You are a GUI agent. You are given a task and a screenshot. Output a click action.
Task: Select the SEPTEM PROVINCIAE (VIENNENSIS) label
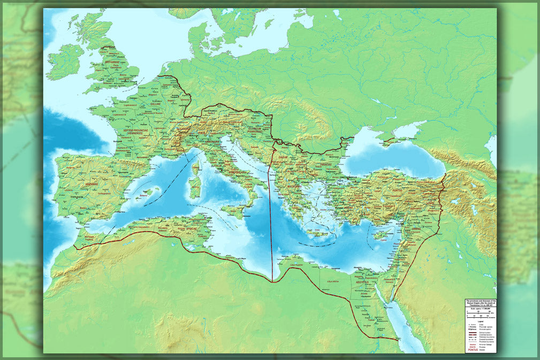click(126, 132)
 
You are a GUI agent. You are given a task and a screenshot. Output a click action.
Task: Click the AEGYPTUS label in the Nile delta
click(364, 281)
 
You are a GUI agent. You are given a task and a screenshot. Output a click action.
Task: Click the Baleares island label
click(147, 196)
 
